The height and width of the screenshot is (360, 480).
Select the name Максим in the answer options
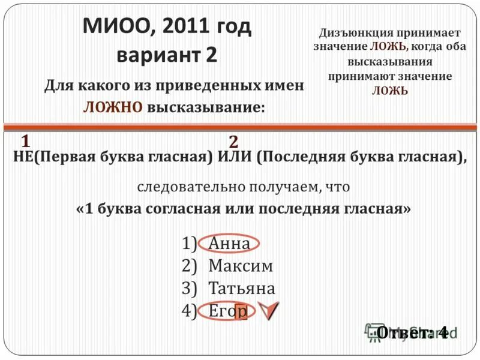241,266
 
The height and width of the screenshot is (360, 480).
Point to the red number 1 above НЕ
26,142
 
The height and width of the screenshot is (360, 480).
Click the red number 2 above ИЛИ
233,142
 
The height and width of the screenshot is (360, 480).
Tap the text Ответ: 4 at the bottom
412,332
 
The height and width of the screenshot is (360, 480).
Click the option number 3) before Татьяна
190,288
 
